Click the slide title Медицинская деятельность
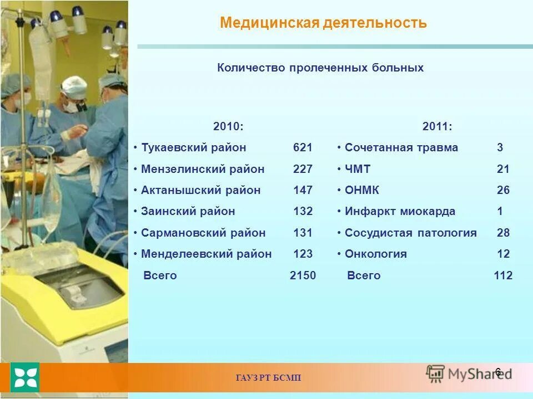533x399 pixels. pyautogui.click(x=323, y=23)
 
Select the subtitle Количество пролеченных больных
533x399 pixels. pyautogui.click(x=320, y=68)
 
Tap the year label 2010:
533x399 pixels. pyautogui.click(x=228, y=127)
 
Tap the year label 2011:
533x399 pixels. pyautogui.click(x=437, y=127)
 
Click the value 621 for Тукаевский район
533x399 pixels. pyautogui.click(x=303, y=148)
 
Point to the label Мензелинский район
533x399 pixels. pyautogui.click(x=203, y=169)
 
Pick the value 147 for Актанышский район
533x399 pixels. pyautogui.click(x=303, y=190)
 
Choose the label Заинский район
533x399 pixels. pyautogui.click(x=188, y=211)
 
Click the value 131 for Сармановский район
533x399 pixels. pyautogui.click(x=303, y=233)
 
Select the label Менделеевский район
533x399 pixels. pyautogui.click(x=206, y=254)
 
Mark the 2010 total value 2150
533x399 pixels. pyautogui.click(x=303, y=275)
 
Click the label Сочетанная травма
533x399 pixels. pyautogui.click(x=401, y=148)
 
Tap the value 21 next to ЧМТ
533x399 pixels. pyautogui.click(x=503, y=169)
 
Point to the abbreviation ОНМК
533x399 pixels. pyautogui.click(x=361, y=190)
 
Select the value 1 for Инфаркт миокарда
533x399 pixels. pyautogui.click(x=500, y=211)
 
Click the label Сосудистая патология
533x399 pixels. pyautogui.click(x=410, y=233)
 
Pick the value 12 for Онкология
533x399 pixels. pyautogui.click(x=503, y=254)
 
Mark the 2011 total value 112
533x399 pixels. pyautogui.click(x=503, y=275)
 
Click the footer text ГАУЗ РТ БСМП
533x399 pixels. pyautogui.click(x=268, y=378)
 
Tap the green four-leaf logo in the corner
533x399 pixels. pyautogui.click(x=26, y=377)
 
